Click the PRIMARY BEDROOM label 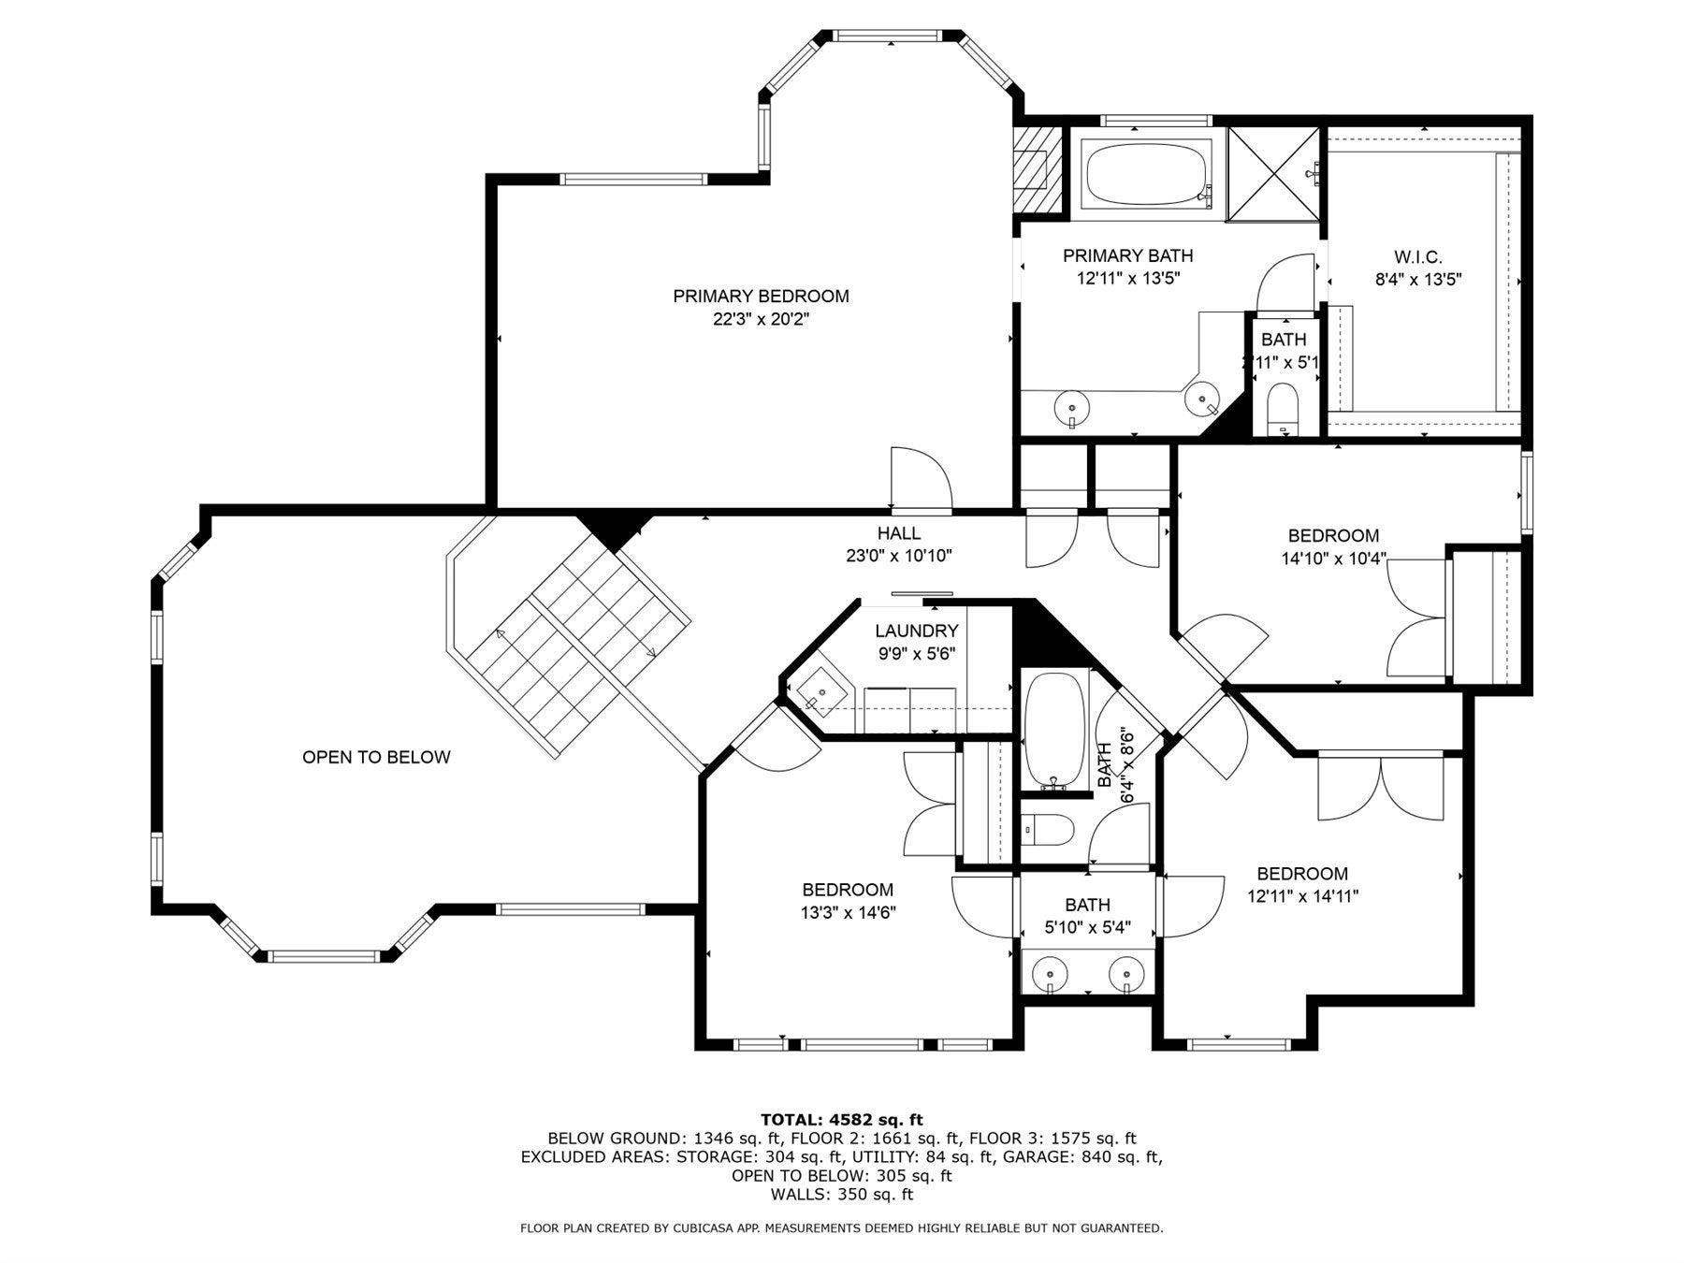761,297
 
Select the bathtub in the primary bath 1147,174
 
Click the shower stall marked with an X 1271,176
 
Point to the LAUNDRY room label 916,631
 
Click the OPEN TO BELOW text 376,757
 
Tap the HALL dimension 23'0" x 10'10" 898,556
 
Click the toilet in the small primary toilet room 1283,409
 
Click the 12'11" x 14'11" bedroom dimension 1302,896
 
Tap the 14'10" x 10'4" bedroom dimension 1333,559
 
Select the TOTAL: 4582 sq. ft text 841,1119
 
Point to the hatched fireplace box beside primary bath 1038,169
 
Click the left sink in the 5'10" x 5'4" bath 1051,975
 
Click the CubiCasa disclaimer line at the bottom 841,1228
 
